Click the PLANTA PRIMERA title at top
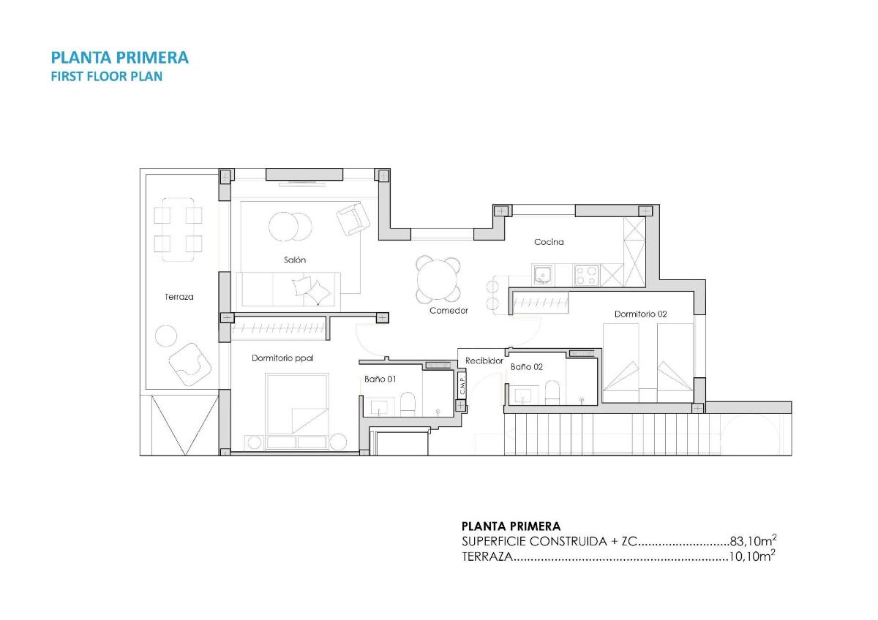pyautogui.click(x=119, y=57)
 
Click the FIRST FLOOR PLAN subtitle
pyautogui.click(x=106, y=76)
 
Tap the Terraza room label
pyautogui.click(x=179, y=298)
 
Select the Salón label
pyautogui.click(x=295, y=260)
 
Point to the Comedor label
pyautogui.click(x=449, y=311)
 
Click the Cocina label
pyautogui.click(x=549, y=242)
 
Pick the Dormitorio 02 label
pyautogui.click(x=640, y=314)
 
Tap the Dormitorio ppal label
pyautogui.click(x=282, y=358)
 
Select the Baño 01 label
pyautogui.click(x=380, y=379)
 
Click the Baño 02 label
pyautogui.click(x=527, y=367)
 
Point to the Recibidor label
pyautogui.click(x=484, y=360)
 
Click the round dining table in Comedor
pyautogui.click(x=438, y=279)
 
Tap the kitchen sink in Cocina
pyautogui.click(x=542, y=275)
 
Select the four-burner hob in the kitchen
pyautogui.click(x=587, y=275)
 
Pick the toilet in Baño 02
pyautogui.click(x=553, y=393)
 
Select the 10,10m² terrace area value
pyautogui.click(x=752, y=557)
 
